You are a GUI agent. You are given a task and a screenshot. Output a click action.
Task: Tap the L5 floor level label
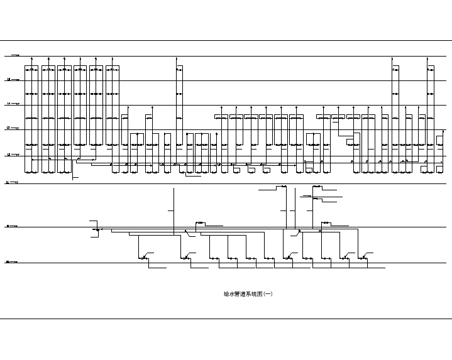tap(8, 80)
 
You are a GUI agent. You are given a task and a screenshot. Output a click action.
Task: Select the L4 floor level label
tap(8, 104)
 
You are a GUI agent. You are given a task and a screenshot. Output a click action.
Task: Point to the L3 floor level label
tap(8, 128)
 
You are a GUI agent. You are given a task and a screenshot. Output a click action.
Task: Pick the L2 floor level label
tap(8, 155)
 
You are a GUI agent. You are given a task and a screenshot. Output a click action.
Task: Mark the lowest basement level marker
tap(8, 263)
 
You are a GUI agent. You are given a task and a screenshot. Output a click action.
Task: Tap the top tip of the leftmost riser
tap(31, 57)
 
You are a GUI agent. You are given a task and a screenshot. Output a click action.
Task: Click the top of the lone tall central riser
tap(177, 57)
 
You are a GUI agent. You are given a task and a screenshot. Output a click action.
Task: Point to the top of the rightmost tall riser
tap(431, 57)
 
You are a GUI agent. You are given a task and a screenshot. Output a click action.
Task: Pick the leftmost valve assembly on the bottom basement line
tap(144, 258)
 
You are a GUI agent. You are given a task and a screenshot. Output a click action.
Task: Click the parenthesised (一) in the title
tap(268, 293)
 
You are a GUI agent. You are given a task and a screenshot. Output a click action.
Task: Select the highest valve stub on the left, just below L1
tap(282, 187)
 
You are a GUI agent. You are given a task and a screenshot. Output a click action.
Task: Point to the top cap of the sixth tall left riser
tap(113, 65)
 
